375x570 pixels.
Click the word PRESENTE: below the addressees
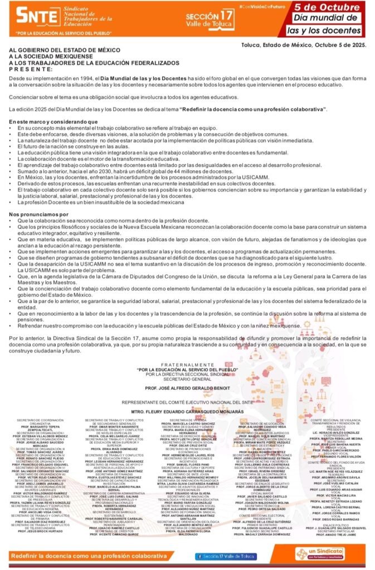[31, 70]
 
